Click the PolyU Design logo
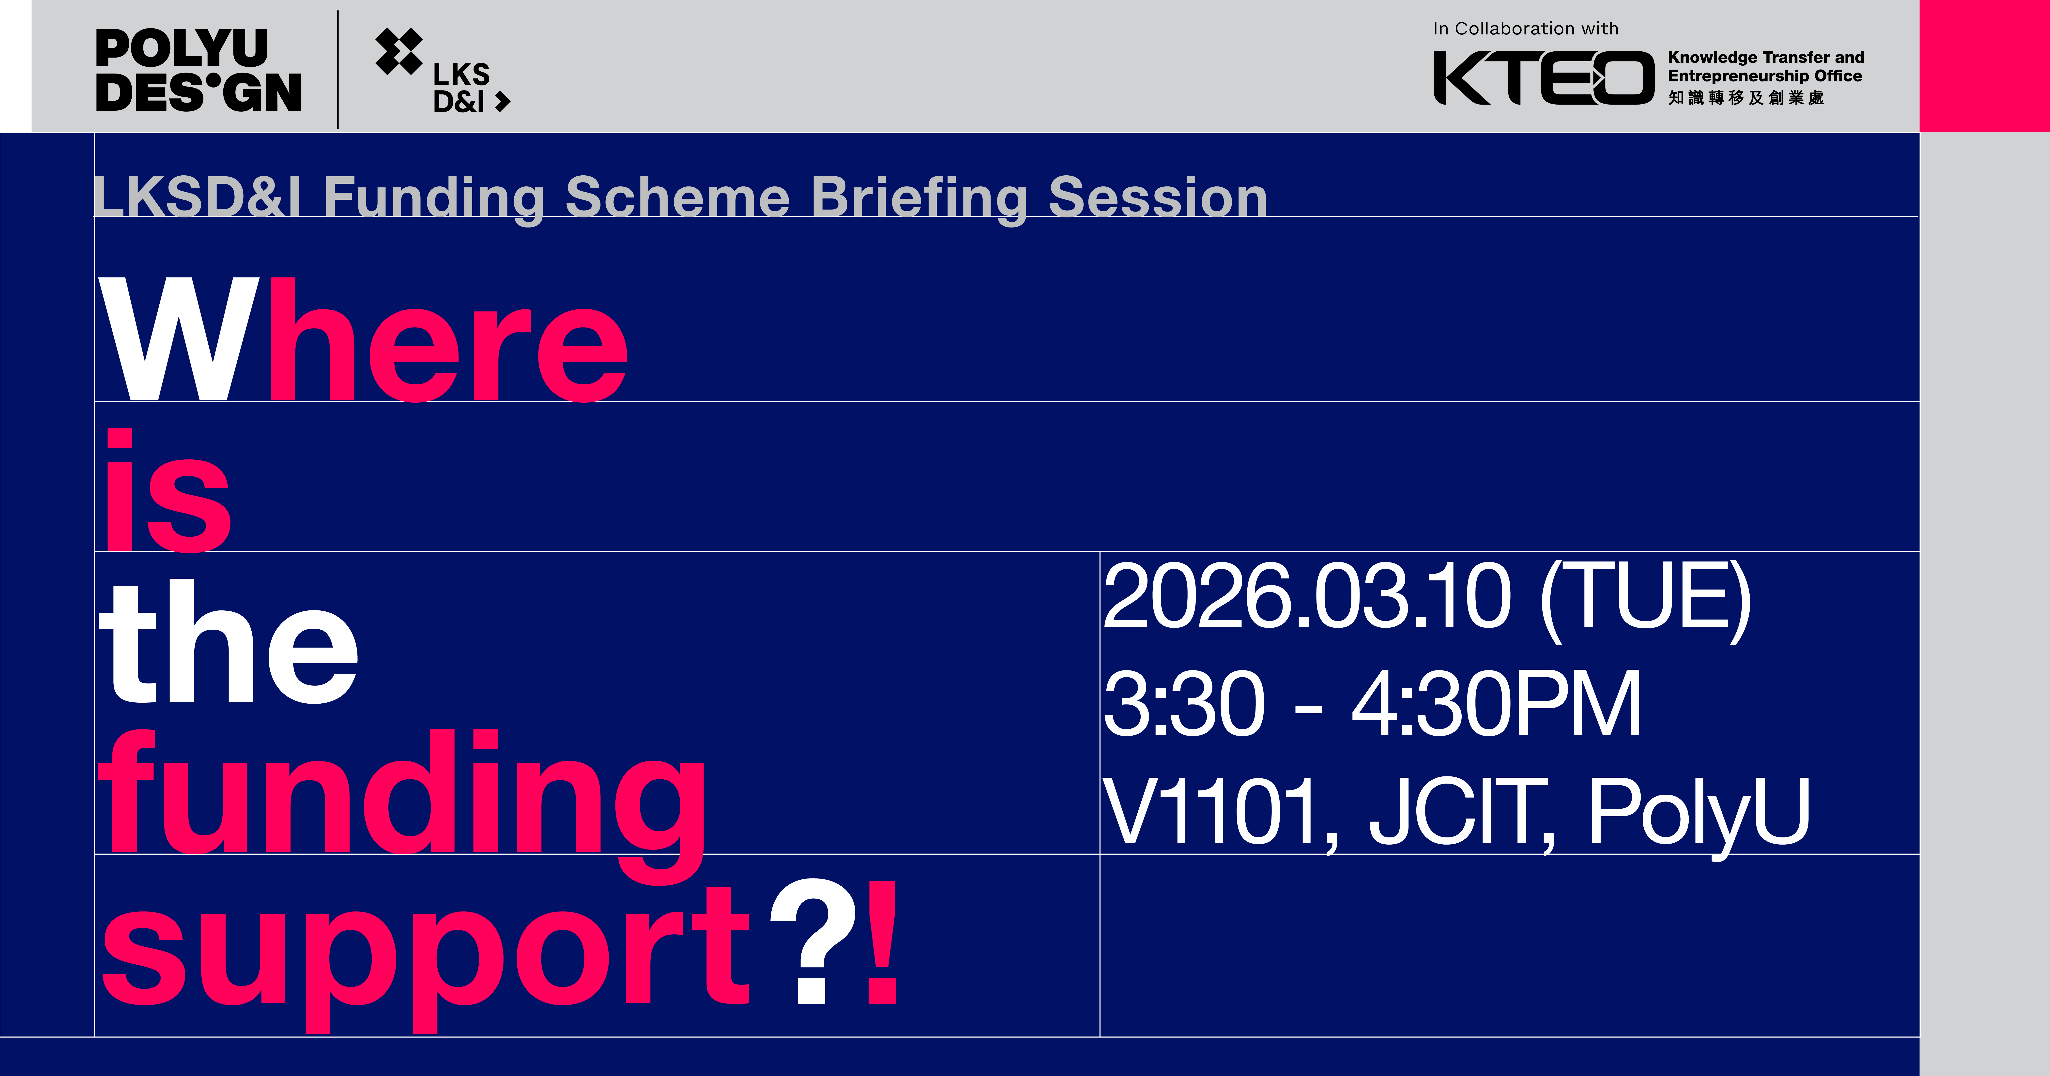tap(198, 70)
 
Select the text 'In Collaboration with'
tap(1526, 29)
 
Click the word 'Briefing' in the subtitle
tap(919, 197)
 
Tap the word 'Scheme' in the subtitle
tap(677, 197)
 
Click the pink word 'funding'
tap(402, 796)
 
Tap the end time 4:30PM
tap(1496, 704)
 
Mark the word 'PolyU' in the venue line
tap(1699, 812)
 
